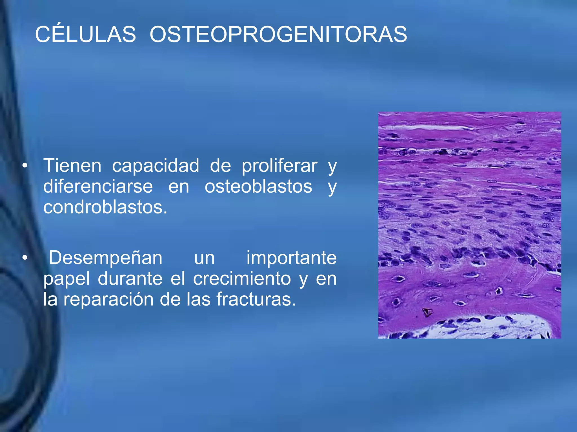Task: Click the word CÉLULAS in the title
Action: click(x=85, y=34)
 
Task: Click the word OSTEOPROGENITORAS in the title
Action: click(x=278, y=34)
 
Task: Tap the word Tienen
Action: click(x=72, y=166)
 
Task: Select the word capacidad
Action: click(x=156, y=166)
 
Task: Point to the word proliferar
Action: click(x=279, y=166)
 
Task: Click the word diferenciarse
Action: click(x=98, y=186)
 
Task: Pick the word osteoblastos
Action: click(x=258, y=186)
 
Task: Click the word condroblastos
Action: click(x=105, y=207)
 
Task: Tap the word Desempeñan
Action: click(x=106, y=258)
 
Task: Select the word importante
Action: click(x=291, y=258)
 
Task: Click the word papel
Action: click(x=66, y=279)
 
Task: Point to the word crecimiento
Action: click(x=242, y=279)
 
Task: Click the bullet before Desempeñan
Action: click(x=25, y=258)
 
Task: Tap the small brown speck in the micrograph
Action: click(x=427, y=312)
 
